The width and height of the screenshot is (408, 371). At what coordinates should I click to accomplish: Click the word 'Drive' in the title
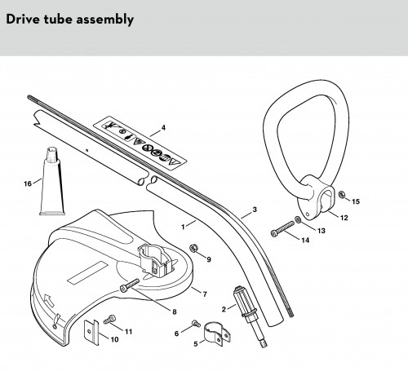coord(23,20)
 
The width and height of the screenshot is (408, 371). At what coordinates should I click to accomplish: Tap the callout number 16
coord(28,184)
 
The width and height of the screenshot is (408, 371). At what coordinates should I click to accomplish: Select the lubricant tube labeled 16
coord(52,181)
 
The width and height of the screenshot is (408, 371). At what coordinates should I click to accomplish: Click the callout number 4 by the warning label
coord(163,127)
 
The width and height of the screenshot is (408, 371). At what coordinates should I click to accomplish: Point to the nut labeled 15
coord(342,195)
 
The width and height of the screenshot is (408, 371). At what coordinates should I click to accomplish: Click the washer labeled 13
coord(298,219)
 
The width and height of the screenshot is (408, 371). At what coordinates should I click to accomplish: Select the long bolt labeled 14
coord(282,229)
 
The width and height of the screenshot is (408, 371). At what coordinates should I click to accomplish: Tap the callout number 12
coord(344,218)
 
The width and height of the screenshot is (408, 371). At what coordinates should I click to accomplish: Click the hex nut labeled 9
coord(193,248)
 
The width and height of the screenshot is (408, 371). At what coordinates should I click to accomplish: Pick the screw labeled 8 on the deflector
coord(130,285)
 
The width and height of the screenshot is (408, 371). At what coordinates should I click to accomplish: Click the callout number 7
coord(205,294)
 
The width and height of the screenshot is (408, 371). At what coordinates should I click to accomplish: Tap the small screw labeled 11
coord(109,319)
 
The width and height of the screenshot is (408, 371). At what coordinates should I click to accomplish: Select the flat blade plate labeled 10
coord(91,333)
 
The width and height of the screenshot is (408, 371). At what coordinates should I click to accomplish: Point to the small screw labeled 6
coord(196,324)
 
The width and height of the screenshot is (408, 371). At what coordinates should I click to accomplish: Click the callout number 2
coord(224,309)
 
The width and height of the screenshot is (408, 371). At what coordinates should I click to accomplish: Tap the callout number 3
coord(255,210)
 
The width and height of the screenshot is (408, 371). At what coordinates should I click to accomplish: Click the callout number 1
coord(183,227)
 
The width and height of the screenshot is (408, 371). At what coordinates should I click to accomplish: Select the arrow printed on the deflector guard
coord(48,300)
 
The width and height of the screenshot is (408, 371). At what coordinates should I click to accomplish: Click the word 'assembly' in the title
coord(105,20)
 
